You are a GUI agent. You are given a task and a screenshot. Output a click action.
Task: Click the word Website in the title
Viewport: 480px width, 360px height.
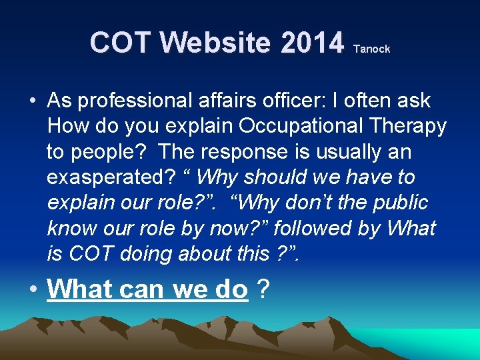pos(217,43)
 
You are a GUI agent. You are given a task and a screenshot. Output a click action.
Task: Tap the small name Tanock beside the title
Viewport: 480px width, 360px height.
pos(371,49)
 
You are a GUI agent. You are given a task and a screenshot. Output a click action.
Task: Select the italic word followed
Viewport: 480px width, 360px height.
pos(310,228)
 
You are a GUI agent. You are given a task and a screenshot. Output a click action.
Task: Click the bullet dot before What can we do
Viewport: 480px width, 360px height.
pos(32,290)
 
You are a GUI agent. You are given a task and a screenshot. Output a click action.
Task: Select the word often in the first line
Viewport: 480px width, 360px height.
pos(365,101)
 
